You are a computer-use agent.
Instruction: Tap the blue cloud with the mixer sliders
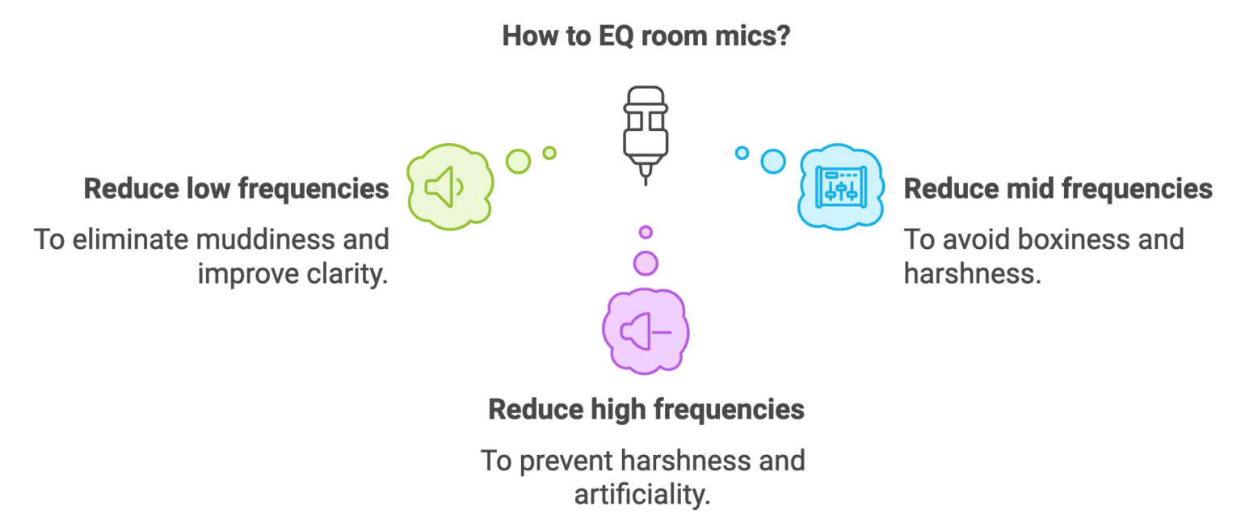(841, 186)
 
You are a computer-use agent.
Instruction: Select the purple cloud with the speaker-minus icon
(645, 331)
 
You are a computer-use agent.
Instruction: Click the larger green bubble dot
(518, 161)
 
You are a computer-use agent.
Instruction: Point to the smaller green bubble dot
(549, 152)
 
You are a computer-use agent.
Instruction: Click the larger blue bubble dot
(772, 161)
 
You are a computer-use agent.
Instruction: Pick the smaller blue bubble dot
(742, 152)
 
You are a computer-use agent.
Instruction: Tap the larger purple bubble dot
(645, 263)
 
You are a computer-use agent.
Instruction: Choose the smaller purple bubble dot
(645, 232)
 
